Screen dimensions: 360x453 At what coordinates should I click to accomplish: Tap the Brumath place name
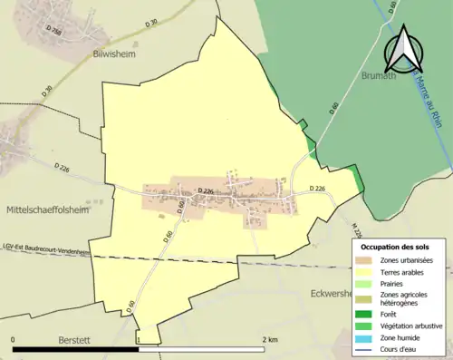pyautogui.click(x=381, y=77)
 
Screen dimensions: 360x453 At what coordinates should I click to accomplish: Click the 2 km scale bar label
pyautogui.click(x=269, y=338)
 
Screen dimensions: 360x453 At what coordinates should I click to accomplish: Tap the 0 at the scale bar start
pyautogui.click(x=13, y=338)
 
